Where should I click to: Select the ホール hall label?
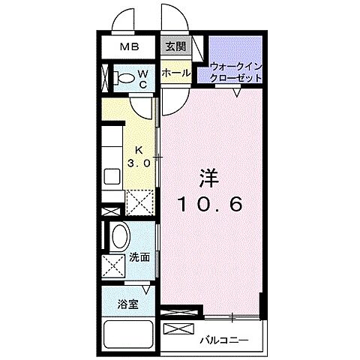tap(175, 73)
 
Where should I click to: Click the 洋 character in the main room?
tap(209, 178)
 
